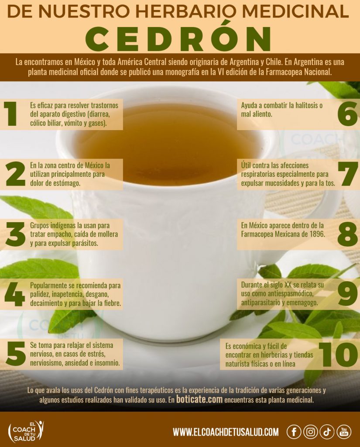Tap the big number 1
click(x=10, y=114)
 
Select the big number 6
click(x=347, y=114)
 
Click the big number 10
click(x=338, y=354)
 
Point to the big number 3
click(x=15, y=234)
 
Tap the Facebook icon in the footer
click(x=294, y=432)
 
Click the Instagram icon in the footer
click(x=310, y=432)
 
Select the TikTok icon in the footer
click(x=327, y=432)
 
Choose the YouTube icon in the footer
click(x=344, y=432)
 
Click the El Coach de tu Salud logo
click(x=26, y=431)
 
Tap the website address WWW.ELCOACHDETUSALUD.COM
click(x=226, y=432)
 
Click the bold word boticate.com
click(x=199, y=399)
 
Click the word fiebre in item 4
click(x=111, y=303)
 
